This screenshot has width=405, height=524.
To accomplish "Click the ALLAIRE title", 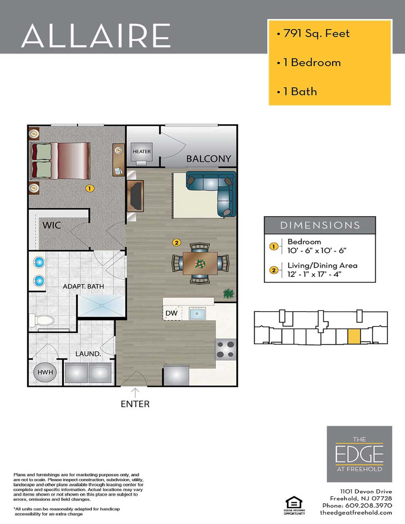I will pos(96,36).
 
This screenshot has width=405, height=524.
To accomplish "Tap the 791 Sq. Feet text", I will pos(316,33).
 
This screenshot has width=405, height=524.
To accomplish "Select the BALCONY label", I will pos(208,158).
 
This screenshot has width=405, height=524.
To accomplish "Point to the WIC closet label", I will pos(51,225).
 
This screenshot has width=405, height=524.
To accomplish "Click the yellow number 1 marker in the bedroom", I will pos(90,188).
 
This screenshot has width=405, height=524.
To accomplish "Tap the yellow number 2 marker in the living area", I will pos(176,243).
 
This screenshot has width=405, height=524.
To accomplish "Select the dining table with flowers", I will pos(200,263).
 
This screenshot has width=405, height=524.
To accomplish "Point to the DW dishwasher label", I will pos(172,313).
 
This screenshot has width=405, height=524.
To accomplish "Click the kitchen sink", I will pos(197,313).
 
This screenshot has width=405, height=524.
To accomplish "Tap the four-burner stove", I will pos(226,349).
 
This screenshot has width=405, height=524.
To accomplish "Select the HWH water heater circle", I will pos(45,372).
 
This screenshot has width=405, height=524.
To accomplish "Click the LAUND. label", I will pos(88,353).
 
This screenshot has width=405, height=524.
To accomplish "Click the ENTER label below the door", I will pos(135,404).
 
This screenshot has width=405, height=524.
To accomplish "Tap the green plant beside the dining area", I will pos(228,293).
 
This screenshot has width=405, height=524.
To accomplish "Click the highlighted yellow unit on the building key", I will pos(354,337).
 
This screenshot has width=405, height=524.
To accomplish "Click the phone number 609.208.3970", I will pos(368,505).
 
